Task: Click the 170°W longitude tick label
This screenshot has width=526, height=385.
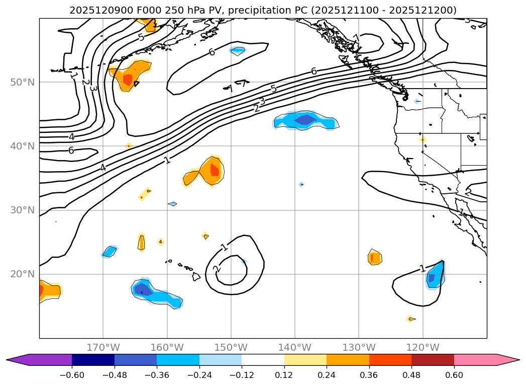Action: [x=103, y=348]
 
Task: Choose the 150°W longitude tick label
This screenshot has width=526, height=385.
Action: [x=231, y=348]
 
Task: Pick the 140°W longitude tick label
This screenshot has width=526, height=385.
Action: [x=295, y=348]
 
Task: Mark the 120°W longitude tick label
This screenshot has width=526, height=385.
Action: [x=423, y=348]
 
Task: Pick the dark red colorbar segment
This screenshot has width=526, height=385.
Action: [x=433, y=360]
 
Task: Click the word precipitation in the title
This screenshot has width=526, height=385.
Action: [x=238, y=10]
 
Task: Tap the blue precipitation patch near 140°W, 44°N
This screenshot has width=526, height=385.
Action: [x=305, y=121]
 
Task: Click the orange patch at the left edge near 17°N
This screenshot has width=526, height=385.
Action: [x=49, y=290]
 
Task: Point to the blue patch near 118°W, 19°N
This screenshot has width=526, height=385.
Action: [x=435, y=276]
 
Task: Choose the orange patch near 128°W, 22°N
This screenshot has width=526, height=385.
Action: [x=374, y=258]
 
